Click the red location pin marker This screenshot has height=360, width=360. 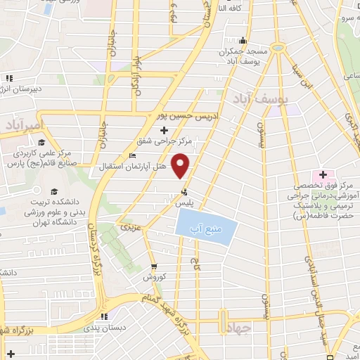pyautogui.click(x=181, y=166)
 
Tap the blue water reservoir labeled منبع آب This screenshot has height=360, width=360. pyautogui.click(x=202, y=229)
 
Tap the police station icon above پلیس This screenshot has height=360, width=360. pyautogui.click(x=184, y=191)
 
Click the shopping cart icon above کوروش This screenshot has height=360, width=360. pyautogui.click(x=154, y=266)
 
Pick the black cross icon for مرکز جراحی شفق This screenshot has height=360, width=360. pyautogui.click(x=165, y=130)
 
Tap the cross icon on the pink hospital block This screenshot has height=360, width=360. pyautogui.click(x=323, y=174)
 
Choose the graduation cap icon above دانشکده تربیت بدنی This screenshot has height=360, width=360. pyautogui.click(x=53, y=191)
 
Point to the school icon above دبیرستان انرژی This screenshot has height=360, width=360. pyautogui.click(x=8, y=78)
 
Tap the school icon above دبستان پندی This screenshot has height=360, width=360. pyautogui.click(x=103, y=316)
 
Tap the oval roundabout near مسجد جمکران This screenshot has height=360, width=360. pyautogui.click(x=279, y=48)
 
